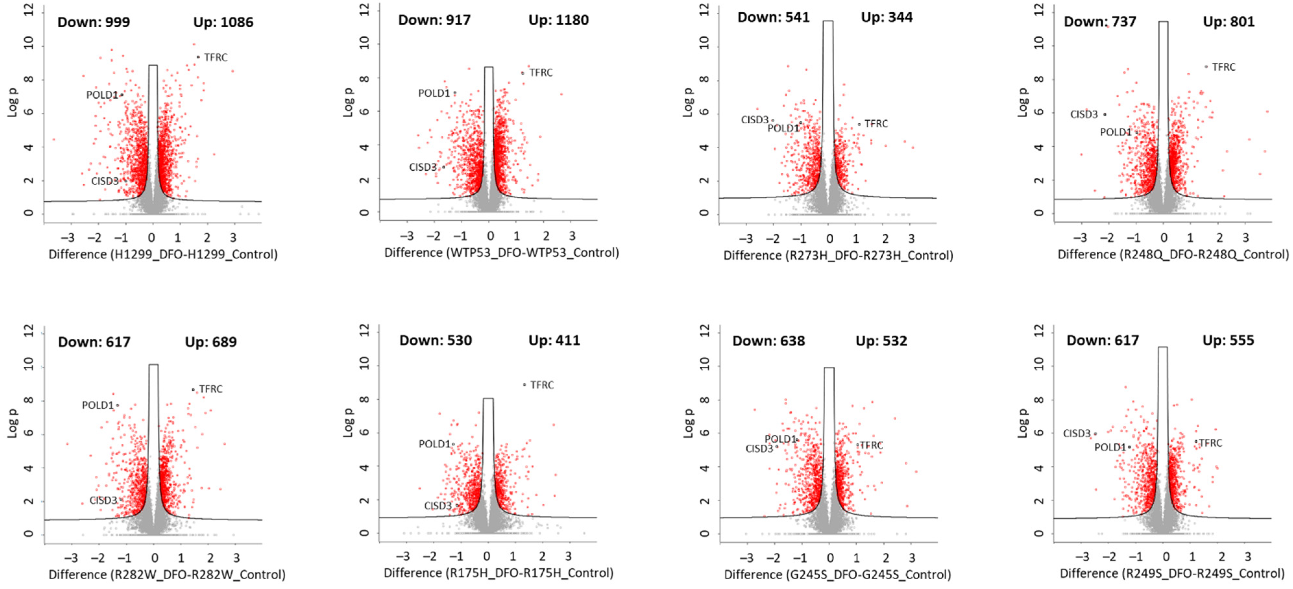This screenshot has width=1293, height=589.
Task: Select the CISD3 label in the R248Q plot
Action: pyautogui.click(x=1084, y=115)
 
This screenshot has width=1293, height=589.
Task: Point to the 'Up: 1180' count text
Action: pyautogui.click(x=558, y=20)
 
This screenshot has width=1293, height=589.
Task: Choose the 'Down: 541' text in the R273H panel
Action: pyautogui.click(x=773, y=18)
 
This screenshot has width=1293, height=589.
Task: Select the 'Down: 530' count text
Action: pyautogui.click(x=435, y=340)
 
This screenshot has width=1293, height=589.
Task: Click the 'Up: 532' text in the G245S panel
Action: pyautogui.click(x=881, y=341)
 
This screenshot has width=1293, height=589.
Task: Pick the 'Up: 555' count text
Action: pyautogui.click(x=1228, y=340)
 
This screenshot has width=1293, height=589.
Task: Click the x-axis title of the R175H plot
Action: pyautogui.click(x=499, y=573)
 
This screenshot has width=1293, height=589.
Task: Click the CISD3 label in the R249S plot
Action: pyautogui.click(x=1077, y=433)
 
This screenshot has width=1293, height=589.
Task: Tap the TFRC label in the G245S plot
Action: pyautogui.click(x=871, y=445)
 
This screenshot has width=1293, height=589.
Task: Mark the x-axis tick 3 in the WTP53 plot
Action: pyautogui.click(x=572, y=236)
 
